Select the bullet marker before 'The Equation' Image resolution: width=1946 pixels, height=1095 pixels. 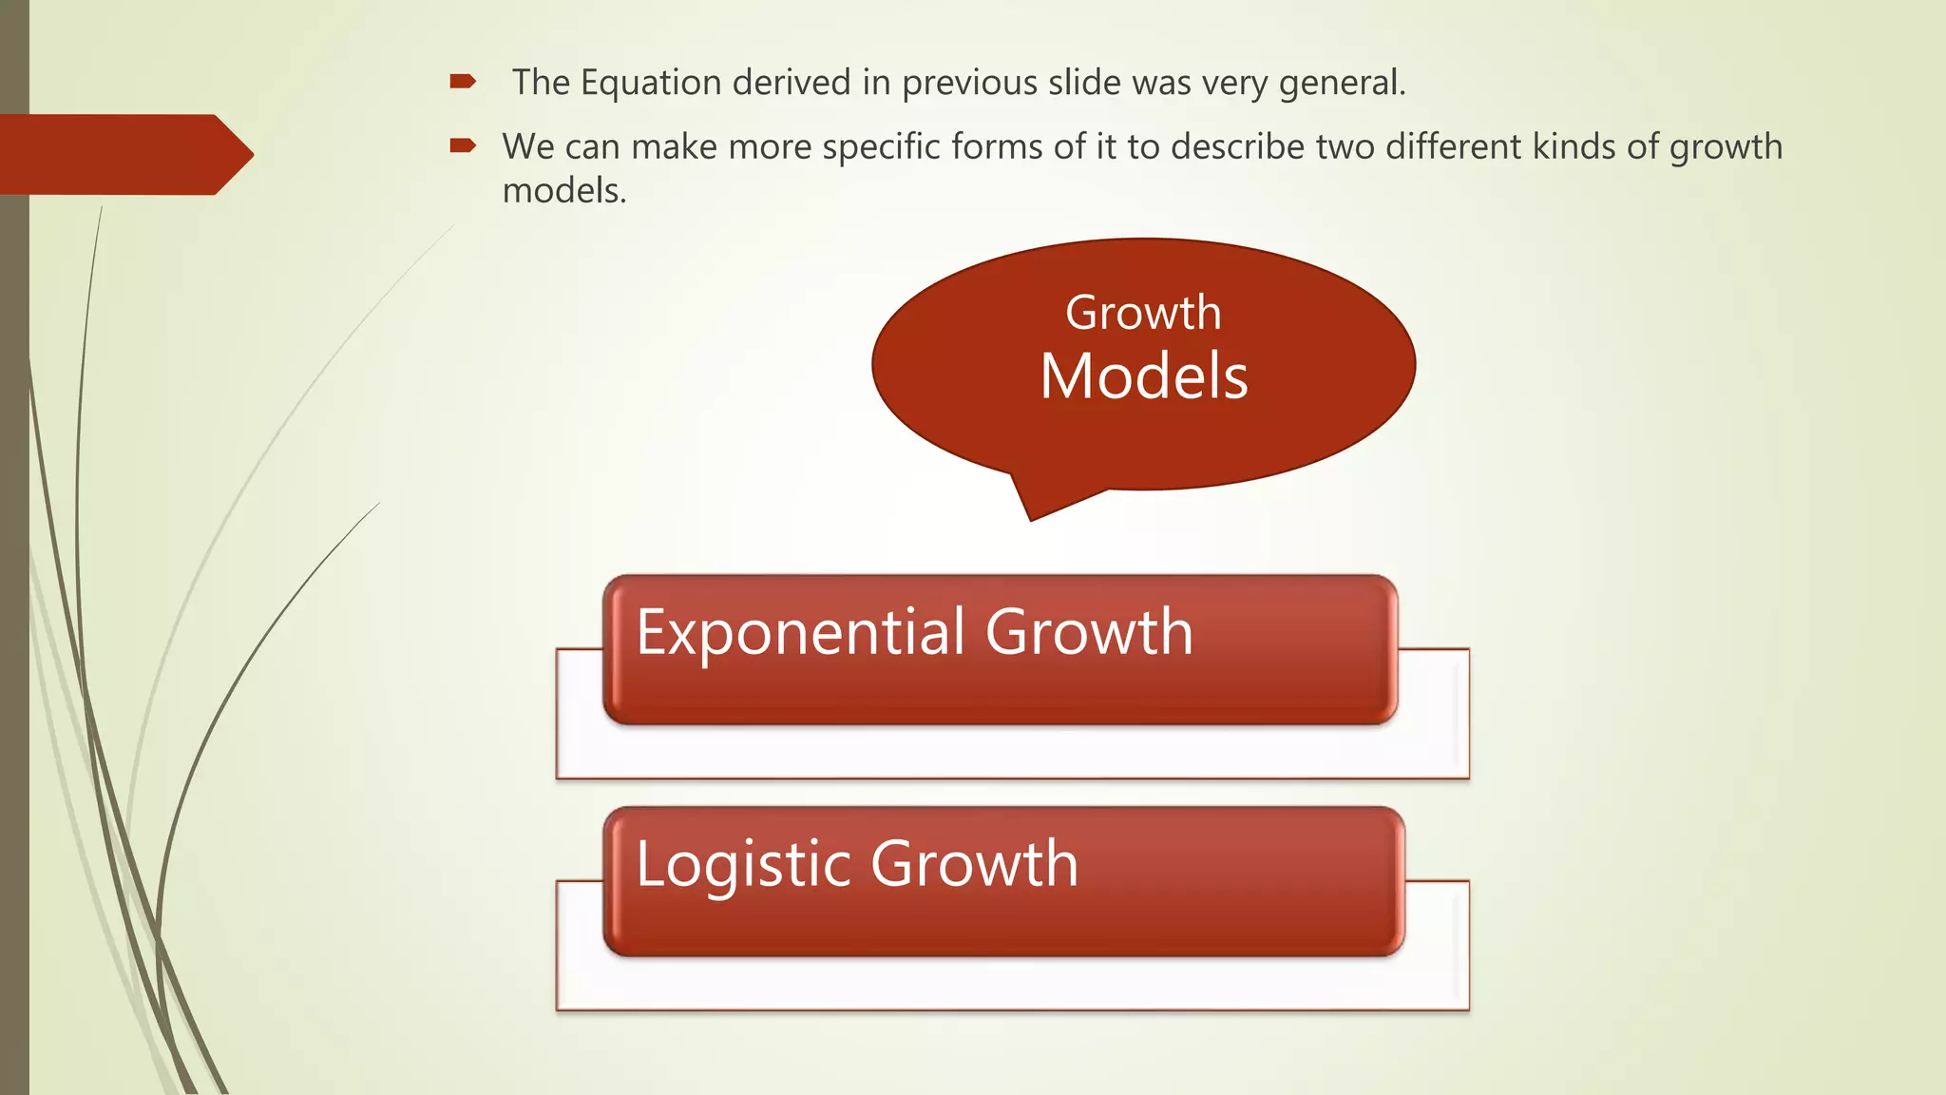(463, 82)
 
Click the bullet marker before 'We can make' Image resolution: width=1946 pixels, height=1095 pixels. (463, 145)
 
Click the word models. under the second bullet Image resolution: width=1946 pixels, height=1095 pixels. (564, 191)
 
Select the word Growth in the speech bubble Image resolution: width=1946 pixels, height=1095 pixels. (1143, 313)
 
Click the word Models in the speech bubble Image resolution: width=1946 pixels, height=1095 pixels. (1143, 376)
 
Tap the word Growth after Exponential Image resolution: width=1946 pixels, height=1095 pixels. (1089, 632)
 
